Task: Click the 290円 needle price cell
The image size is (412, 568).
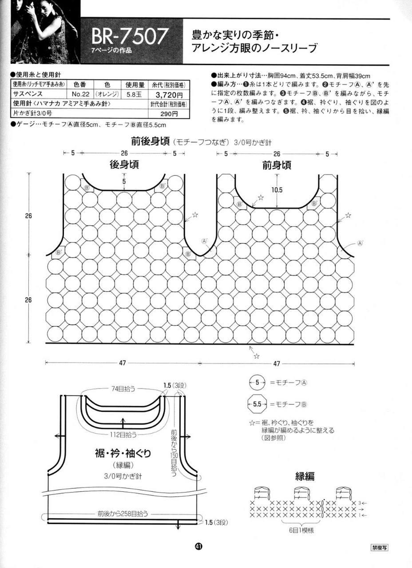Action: [x=169, y=114]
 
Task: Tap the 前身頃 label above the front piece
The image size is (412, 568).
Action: [x=277, y=165]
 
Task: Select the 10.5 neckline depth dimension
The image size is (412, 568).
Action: [x=277, y=190]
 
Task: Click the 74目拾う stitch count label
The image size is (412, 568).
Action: [x=124, y=388]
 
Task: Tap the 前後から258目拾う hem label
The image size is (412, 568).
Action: [x=123, y=513]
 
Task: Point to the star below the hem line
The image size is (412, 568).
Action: [x=256, y=356]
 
